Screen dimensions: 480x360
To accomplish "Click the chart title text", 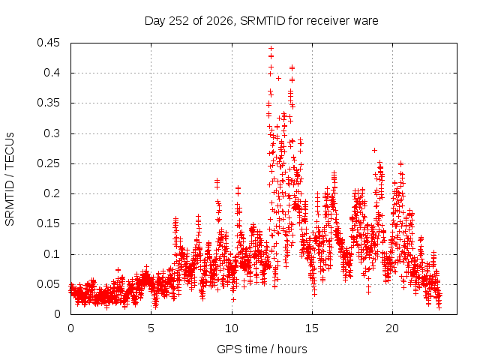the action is pos(262,21).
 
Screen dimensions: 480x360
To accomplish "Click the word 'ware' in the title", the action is pos(366,22).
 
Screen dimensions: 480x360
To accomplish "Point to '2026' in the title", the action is pos(220,21).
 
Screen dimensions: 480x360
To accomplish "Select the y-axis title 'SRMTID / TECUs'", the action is pos(10,179).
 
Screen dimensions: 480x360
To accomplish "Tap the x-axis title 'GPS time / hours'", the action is pos(262,349).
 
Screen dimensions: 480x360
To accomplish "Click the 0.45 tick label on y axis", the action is pos(48,43).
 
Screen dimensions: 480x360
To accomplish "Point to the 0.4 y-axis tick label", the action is pos(52,73).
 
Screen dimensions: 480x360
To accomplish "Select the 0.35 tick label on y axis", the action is pos(48,103).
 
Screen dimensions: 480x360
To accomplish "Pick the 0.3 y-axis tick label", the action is pos(52,133).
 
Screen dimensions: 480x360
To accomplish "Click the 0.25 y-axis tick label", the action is pos(48,163).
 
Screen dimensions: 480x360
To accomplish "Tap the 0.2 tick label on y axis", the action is pos(52,193).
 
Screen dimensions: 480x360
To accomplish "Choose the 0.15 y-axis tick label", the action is pos(48,223).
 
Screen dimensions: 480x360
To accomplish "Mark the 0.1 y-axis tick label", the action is pos(52,253).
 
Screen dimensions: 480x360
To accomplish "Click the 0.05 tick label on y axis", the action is pos(48,284).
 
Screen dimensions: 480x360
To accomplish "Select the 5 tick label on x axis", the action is pos(151,328).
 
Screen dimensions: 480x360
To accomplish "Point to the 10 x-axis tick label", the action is pos(232,328).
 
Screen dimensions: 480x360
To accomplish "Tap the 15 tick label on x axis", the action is pos(312,328).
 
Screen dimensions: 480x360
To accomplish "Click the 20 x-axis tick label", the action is pos(392,328).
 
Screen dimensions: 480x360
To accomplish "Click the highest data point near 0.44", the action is pos(271,48).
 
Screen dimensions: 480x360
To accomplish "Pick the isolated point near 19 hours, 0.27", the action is pos(374,150).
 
